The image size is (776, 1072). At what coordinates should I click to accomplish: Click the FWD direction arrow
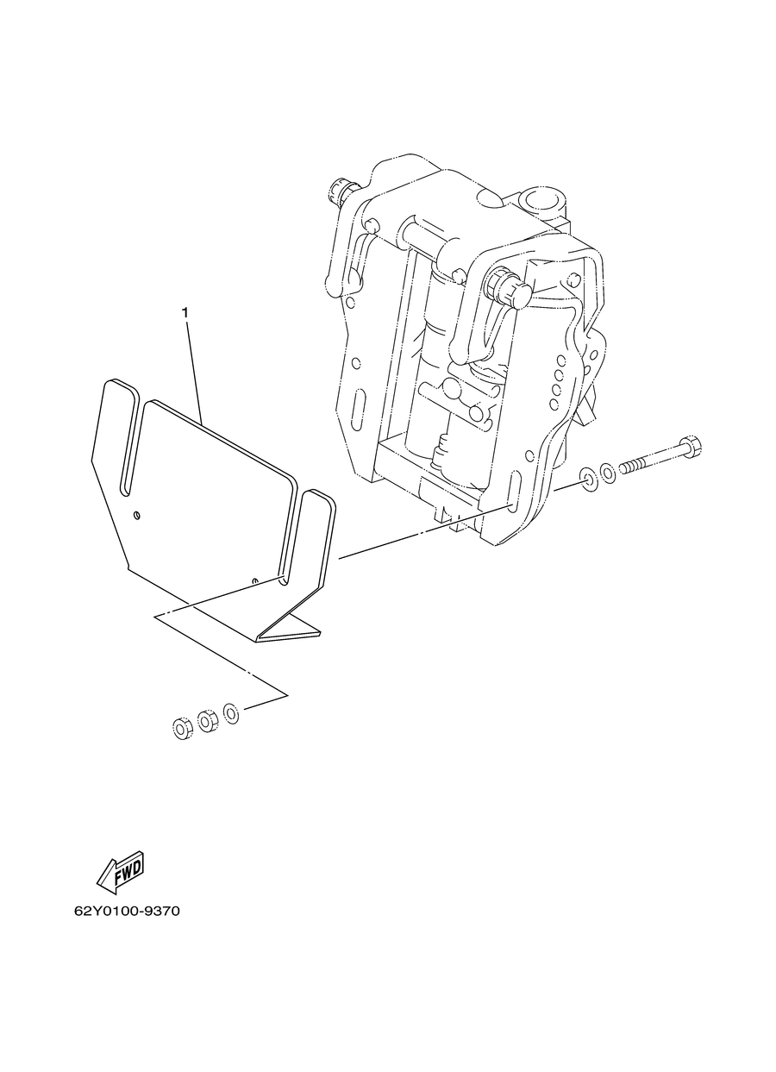[120, 875]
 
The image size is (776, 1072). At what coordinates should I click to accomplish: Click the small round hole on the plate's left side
[138, 515]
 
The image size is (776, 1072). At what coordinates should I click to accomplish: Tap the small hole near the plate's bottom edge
[255, 580]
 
